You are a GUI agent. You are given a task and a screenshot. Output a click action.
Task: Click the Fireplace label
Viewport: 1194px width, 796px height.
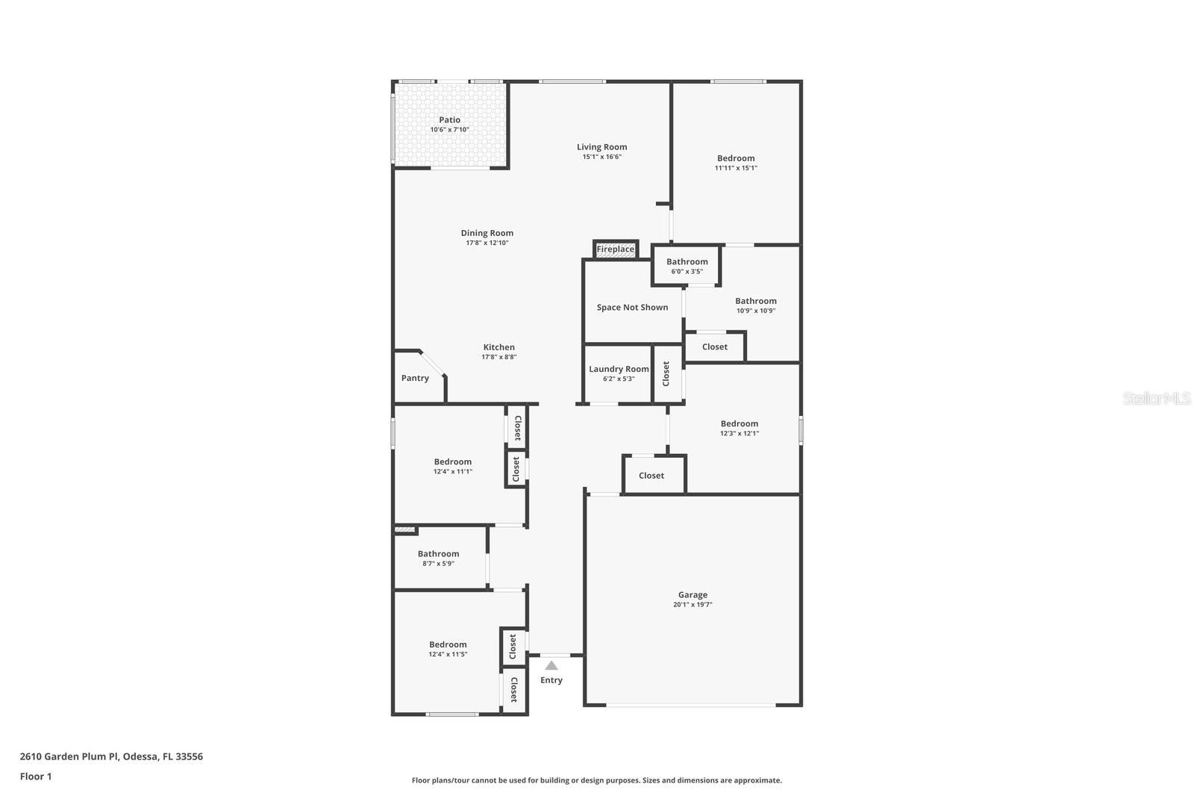tap(615, 249)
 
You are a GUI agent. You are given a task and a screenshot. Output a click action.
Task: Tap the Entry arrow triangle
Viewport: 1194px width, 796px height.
tap(551, 665)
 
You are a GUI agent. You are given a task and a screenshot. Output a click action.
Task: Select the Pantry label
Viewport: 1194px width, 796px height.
tap(415, 378)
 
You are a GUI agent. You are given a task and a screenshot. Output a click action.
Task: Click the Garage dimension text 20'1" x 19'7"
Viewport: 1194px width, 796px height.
tap(693, 605)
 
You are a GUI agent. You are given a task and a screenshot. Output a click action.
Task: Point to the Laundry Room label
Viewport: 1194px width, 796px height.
tap(619, 369)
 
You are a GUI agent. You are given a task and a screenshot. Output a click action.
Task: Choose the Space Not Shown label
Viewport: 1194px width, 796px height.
tap(632, 308)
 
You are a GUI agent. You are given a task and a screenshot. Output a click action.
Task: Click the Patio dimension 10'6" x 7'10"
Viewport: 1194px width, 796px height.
tap(449, 130)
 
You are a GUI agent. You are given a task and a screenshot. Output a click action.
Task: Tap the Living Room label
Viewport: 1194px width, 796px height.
tap(601, 147)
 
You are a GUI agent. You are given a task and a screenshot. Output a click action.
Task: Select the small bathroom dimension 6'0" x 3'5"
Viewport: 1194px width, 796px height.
tap(687, 272)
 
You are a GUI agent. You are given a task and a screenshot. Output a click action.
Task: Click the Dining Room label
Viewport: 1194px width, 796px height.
tap(487, 233)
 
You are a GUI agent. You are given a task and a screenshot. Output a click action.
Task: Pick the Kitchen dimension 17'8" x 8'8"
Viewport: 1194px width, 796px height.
tap(498, 357)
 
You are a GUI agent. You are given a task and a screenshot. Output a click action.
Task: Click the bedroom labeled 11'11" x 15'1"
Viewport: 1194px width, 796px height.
tap(736, 158)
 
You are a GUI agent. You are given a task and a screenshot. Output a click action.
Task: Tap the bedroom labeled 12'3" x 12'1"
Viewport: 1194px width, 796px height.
tap(739, 423)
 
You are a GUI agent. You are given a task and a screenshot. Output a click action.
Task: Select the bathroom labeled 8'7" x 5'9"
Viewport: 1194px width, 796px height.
tap(438, 554)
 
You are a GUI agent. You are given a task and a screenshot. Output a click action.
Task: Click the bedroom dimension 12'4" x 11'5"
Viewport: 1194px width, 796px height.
tap(448, 654)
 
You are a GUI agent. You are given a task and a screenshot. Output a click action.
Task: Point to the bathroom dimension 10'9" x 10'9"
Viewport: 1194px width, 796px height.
tap(755, 311)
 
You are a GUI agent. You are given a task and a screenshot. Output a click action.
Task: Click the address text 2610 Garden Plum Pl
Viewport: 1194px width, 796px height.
tap(69, 756)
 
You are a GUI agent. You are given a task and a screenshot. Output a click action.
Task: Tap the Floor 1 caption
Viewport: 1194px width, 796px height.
tap(36, 777)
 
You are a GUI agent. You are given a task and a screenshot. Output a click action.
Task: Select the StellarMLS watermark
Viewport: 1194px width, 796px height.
tap(1156, 399)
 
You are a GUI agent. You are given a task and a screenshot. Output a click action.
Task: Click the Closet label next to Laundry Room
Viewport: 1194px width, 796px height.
tap(666, 373)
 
